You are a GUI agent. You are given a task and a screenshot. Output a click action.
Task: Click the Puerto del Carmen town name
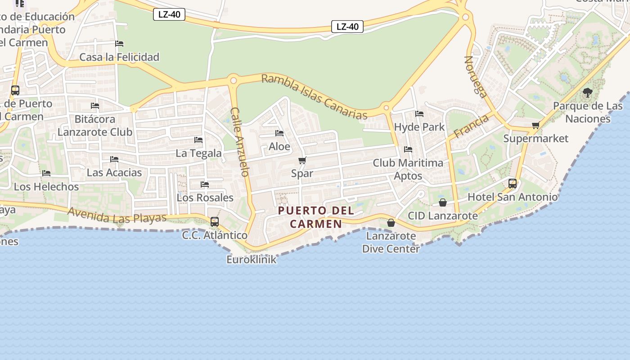click(x=316, y=217)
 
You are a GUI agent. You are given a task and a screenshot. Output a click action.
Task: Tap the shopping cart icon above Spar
click(x=302, y=161)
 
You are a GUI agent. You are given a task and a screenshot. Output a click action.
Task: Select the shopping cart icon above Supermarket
click(x=535, y=126)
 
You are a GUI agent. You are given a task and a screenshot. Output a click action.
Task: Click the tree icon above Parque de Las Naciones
click(x=587, y=93)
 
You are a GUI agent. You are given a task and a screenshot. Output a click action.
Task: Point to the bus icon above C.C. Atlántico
click(x=215, y=222)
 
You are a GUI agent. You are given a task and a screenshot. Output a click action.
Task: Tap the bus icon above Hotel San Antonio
click(x=513, y=184)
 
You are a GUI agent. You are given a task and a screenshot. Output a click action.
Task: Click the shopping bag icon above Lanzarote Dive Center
click(x=391, y=223)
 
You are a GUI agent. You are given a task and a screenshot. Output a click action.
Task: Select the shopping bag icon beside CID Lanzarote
click(x=443, y=203)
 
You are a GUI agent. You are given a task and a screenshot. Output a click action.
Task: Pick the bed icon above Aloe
click(x=279, y=133)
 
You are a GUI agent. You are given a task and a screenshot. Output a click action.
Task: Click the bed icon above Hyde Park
click(x=419, y=114)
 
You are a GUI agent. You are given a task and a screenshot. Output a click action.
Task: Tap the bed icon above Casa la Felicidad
click(x=119, y=44)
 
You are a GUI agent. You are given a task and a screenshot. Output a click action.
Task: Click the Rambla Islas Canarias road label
click(x=314, y=97)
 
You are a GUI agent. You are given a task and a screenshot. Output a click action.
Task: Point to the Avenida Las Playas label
click(x=117, y=215)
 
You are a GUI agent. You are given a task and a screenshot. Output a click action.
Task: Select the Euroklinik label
click(x=251, y=260)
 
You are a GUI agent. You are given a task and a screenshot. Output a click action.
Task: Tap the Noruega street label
click(x=476, y=76)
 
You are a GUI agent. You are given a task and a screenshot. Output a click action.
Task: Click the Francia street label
click(x=471, y=126)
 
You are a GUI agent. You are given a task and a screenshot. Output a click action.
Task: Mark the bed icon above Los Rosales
click(x=205, y=184)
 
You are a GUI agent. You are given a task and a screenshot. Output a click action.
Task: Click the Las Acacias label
click(x=114, y=172)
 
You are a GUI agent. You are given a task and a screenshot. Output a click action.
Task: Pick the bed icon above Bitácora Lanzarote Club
click(x=95, y=106)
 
